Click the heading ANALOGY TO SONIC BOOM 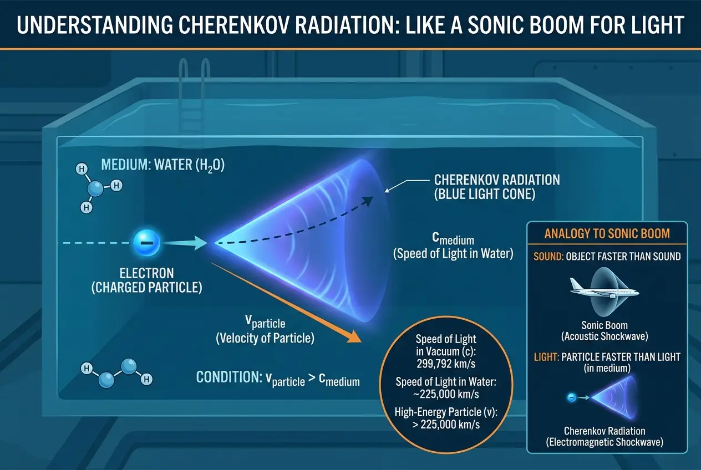tap(607, 234)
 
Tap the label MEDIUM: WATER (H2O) tap(162, 165)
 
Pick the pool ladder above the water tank tap(194, 94)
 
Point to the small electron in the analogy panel tap(571, 397)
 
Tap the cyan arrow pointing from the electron tap(186, 242)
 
